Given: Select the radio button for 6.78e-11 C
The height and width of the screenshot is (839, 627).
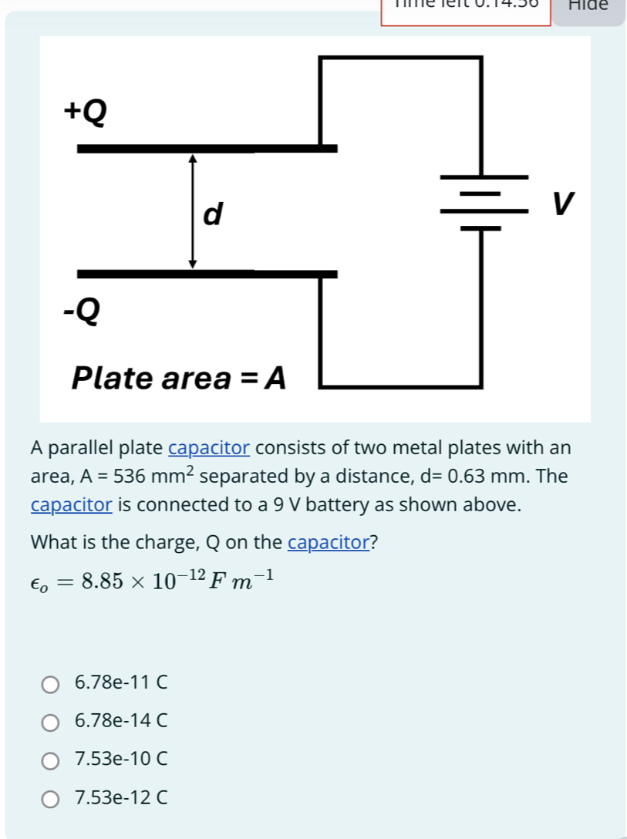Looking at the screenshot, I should coord(50,683).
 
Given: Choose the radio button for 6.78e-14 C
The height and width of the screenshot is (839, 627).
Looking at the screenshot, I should coord(50,723).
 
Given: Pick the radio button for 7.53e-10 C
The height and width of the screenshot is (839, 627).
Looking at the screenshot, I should coord(50,761).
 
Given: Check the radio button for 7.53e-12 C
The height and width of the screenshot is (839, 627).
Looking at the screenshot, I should coord(50,800).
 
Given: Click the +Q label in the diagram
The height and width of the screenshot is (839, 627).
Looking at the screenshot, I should coord(85,113).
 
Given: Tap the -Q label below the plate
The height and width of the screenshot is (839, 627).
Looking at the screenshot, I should coord(82,310).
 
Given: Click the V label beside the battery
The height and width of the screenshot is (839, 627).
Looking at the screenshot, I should coord(563,203).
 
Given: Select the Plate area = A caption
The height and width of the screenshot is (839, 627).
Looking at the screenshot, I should coord(178,379).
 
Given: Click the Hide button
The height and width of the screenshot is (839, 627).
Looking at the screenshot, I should coord(588,6).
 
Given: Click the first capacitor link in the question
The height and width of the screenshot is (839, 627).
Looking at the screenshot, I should coord(208,448).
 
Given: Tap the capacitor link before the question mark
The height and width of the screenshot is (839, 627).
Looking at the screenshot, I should coord(329,542).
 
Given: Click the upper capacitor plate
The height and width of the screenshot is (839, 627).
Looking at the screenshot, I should coord(207,148).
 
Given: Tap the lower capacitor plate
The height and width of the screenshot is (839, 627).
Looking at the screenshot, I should coord(207,274).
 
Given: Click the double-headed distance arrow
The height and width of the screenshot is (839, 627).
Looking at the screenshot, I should coord(193,211).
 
